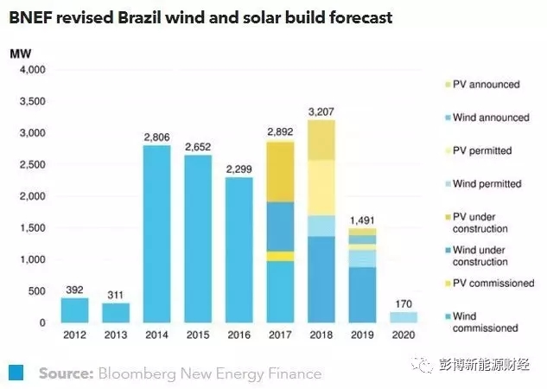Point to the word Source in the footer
click(65, 373)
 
